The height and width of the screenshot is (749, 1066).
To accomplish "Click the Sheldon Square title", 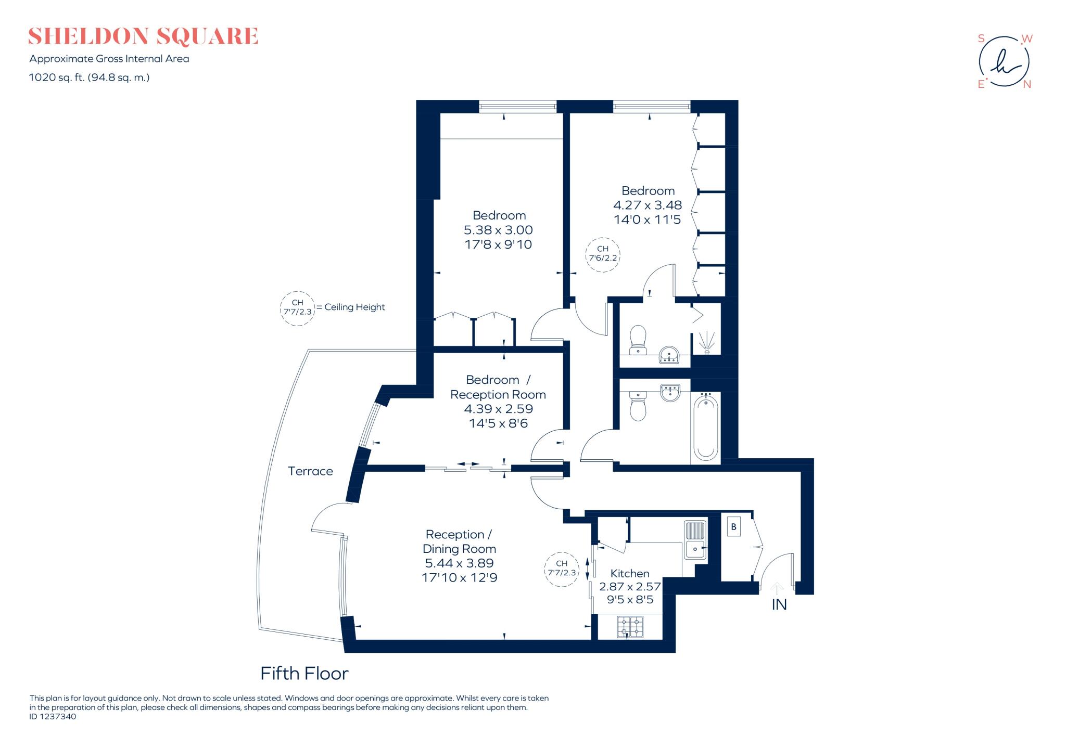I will [143, 36].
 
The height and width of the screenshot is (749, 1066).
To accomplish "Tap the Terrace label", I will [310, 471].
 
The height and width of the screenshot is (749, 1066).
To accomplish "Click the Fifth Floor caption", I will [304, 674].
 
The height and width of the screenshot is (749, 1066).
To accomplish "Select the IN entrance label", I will [779, 605].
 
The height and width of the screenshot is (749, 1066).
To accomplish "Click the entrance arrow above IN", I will [777, 588].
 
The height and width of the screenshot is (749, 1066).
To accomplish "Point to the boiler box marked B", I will [733, 527].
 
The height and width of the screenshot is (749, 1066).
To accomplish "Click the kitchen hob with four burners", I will [630, 627].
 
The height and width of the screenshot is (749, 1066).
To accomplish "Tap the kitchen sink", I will [694, 540].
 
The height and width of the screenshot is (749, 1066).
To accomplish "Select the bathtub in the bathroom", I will [706, 427].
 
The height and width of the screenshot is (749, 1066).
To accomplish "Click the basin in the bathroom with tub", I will [670, 393].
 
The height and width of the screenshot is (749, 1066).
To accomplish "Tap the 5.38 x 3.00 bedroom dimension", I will [498, 230].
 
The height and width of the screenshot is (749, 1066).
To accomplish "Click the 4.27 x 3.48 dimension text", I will [647, 205].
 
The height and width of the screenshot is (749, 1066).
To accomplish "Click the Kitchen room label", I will [630, 573].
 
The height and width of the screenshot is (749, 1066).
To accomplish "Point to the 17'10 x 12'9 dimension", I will [459, 577].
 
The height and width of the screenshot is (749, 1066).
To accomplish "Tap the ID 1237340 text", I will [53, 717].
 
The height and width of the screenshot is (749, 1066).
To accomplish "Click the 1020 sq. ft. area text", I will [89, 78].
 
